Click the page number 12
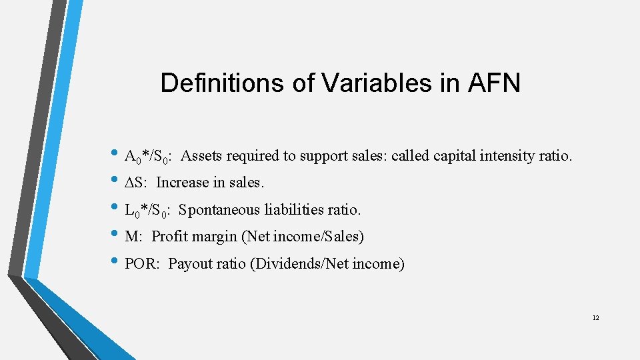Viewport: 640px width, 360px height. coord(595,317)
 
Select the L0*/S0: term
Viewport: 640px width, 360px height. coord(148,211)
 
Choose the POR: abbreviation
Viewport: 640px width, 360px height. coord(143,264)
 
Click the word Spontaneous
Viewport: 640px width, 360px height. coord(219,211)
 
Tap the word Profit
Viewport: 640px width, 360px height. coord(171,237)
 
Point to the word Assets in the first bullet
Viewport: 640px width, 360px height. coord(201,156)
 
